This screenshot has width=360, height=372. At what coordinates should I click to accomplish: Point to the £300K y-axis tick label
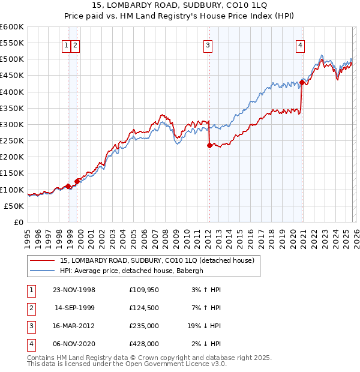(x=11, y=124)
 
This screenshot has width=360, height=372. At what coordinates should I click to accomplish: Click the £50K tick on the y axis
(x=14, y=206)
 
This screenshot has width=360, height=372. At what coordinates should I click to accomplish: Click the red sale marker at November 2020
(x=301, y=82)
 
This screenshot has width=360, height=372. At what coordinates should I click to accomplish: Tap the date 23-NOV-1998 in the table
(x=74, y=289)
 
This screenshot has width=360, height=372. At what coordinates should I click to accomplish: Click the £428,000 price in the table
(x=144, y=344)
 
